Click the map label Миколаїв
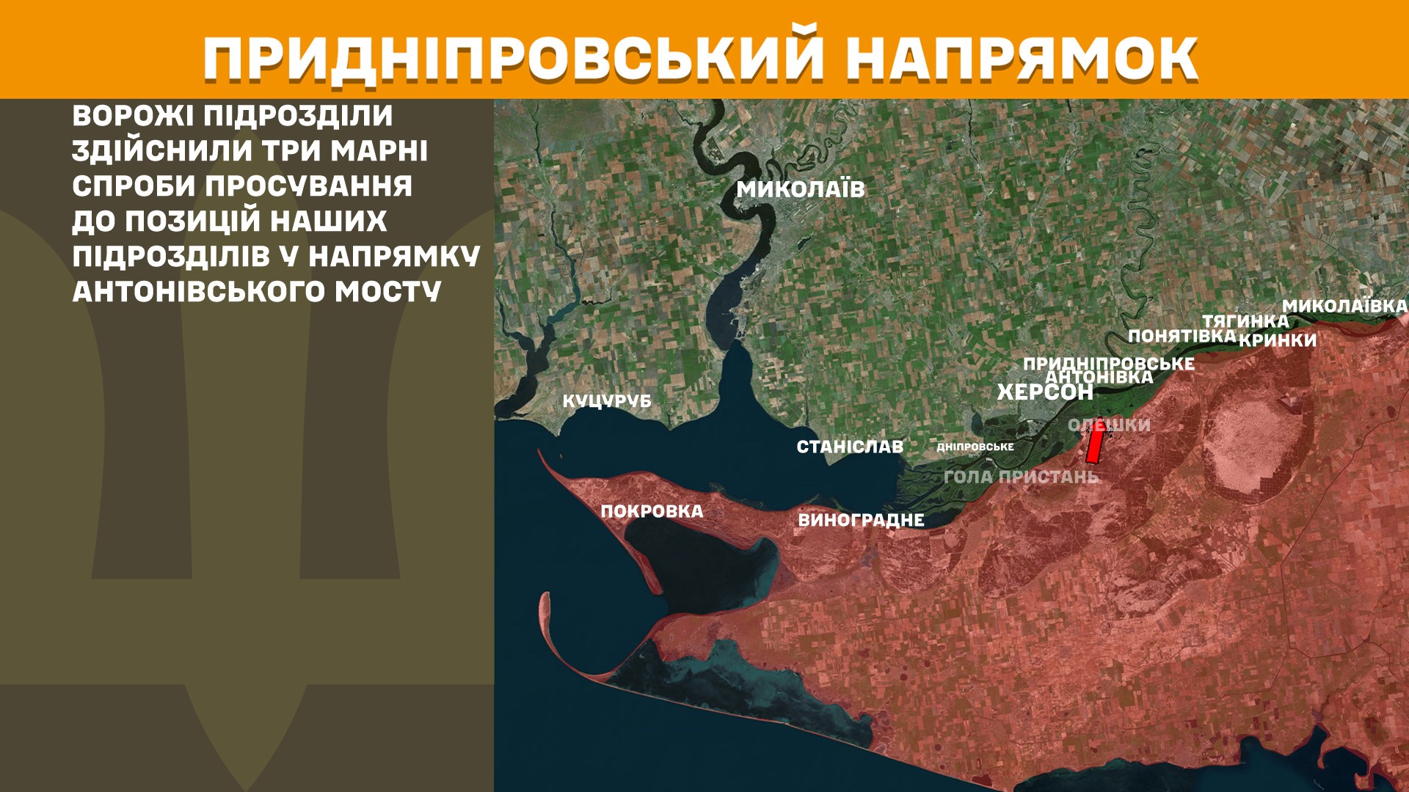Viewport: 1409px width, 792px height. point(801,189)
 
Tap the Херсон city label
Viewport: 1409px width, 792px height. point(1045,392)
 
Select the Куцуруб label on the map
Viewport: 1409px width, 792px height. point(607,401)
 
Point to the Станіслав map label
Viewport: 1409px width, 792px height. point(850,447)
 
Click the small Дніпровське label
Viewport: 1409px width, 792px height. point(975,447)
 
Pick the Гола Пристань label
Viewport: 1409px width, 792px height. point(1021,477)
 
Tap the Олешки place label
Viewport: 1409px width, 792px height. point(1109,425)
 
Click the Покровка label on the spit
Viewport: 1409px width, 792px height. point(652,511)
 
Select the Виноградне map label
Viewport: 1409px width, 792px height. point(861,520)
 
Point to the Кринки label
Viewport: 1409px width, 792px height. point(1278,340)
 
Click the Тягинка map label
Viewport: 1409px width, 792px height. point(1245,321)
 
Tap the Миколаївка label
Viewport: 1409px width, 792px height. point(1344,306)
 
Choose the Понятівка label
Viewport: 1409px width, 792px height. point(1182,336)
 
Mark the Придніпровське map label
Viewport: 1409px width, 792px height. point(1108,363)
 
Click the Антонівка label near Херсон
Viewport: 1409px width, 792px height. point(1099,377)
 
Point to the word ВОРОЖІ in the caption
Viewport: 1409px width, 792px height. point(132,116)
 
